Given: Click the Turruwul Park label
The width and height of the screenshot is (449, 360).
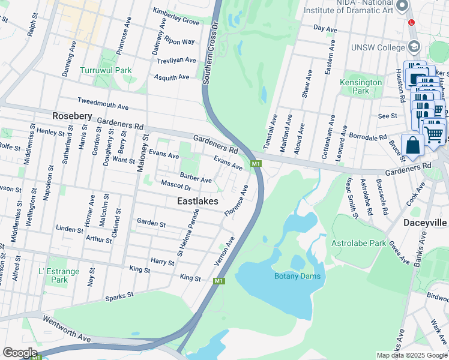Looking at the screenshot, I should click(106, 70).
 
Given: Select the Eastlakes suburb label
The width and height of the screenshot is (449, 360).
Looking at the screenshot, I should click(197, 202).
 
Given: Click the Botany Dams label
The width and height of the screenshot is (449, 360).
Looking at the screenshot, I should click(297, 276).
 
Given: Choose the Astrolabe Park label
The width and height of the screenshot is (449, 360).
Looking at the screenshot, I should click(358, 243).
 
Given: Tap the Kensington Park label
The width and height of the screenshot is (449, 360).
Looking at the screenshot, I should click(361, 86).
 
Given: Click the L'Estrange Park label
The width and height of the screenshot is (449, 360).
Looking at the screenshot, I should click(59, 275).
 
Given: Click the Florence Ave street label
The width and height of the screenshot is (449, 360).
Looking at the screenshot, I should click(236, 201).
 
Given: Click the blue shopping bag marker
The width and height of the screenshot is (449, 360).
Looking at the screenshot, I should click(412, 146).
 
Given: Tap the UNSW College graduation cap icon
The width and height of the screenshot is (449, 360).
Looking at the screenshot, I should click(414, 47).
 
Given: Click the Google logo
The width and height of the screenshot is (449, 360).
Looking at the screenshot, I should click(20, 353).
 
